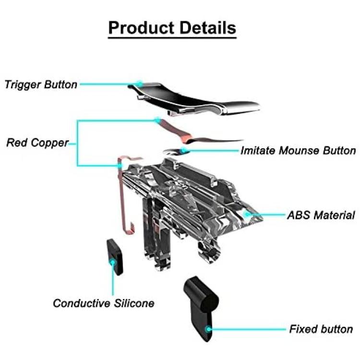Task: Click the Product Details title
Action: coord(172,28)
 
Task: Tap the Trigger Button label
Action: coord(41,84)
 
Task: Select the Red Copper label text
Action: coord(37,143)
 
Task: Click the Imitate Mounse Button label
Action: coord(298,151)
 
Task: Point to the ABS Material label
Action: coord(321,215)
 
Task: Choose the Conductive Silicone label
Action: coord(104,303)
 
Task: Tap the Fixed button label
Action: coord(321,329)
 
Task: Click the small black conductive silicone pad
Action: coord(115,257)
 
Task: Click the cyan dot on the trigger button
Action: coord(139,84)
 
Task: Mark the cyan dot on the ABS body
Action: coord(247,214)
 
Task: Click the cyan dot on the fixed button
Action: coord(208,329)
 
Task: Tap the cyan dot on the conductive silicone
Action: coord(113,262)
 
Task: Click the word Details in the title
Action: coord(208,28)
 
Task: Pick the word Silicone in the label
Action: coord(134,303)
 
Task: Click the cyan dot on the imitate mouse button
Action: coord(183,151)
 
